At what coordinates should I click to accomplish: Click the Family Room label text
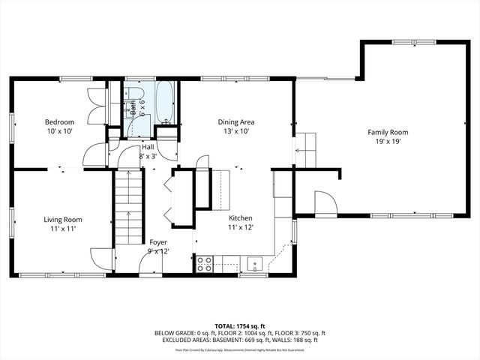click(388, 131)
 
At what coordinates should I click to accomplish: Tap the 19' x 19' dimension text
click(388, 141)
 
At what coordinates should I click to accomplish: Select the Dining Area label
click(235, 121)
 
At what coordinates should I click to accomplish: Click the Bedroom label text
click(59, 121)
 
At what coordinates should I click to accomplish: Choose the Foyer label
click(158, 241)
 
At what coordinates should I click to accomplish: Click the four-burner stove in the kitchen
click(204, 263)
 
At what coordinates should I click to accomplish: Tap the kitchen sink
click(255, 263)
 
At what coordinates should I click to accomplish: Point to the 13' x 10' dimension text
click(235, 131)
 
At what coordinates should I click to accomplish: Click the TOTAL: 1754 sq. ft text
click(239, 326)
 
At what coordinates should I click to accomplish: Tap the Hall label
click(148, 147)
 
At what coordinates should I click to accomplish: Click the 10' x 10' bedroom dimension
click(59, 131)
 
